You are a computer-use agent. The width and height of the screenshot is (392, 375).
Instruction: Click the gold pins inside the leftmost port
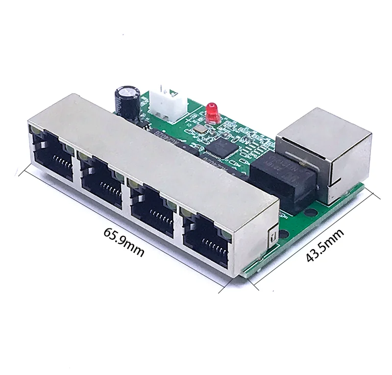tap(56, 161)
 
